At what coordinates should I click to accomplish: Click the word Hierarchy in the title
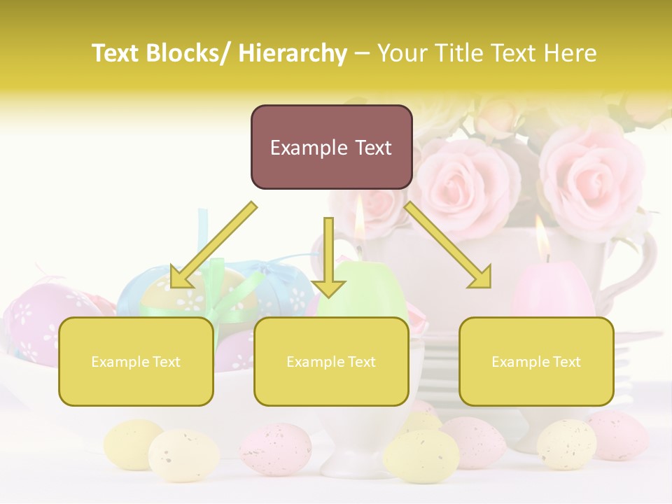292,53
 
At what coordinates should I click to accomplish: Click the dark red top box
331,147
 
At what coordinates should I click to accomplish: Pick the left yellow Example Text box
136,361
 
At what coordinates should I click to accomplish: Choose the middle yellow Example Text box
331,361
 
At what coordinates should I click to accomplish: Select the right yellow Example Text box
536,361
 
